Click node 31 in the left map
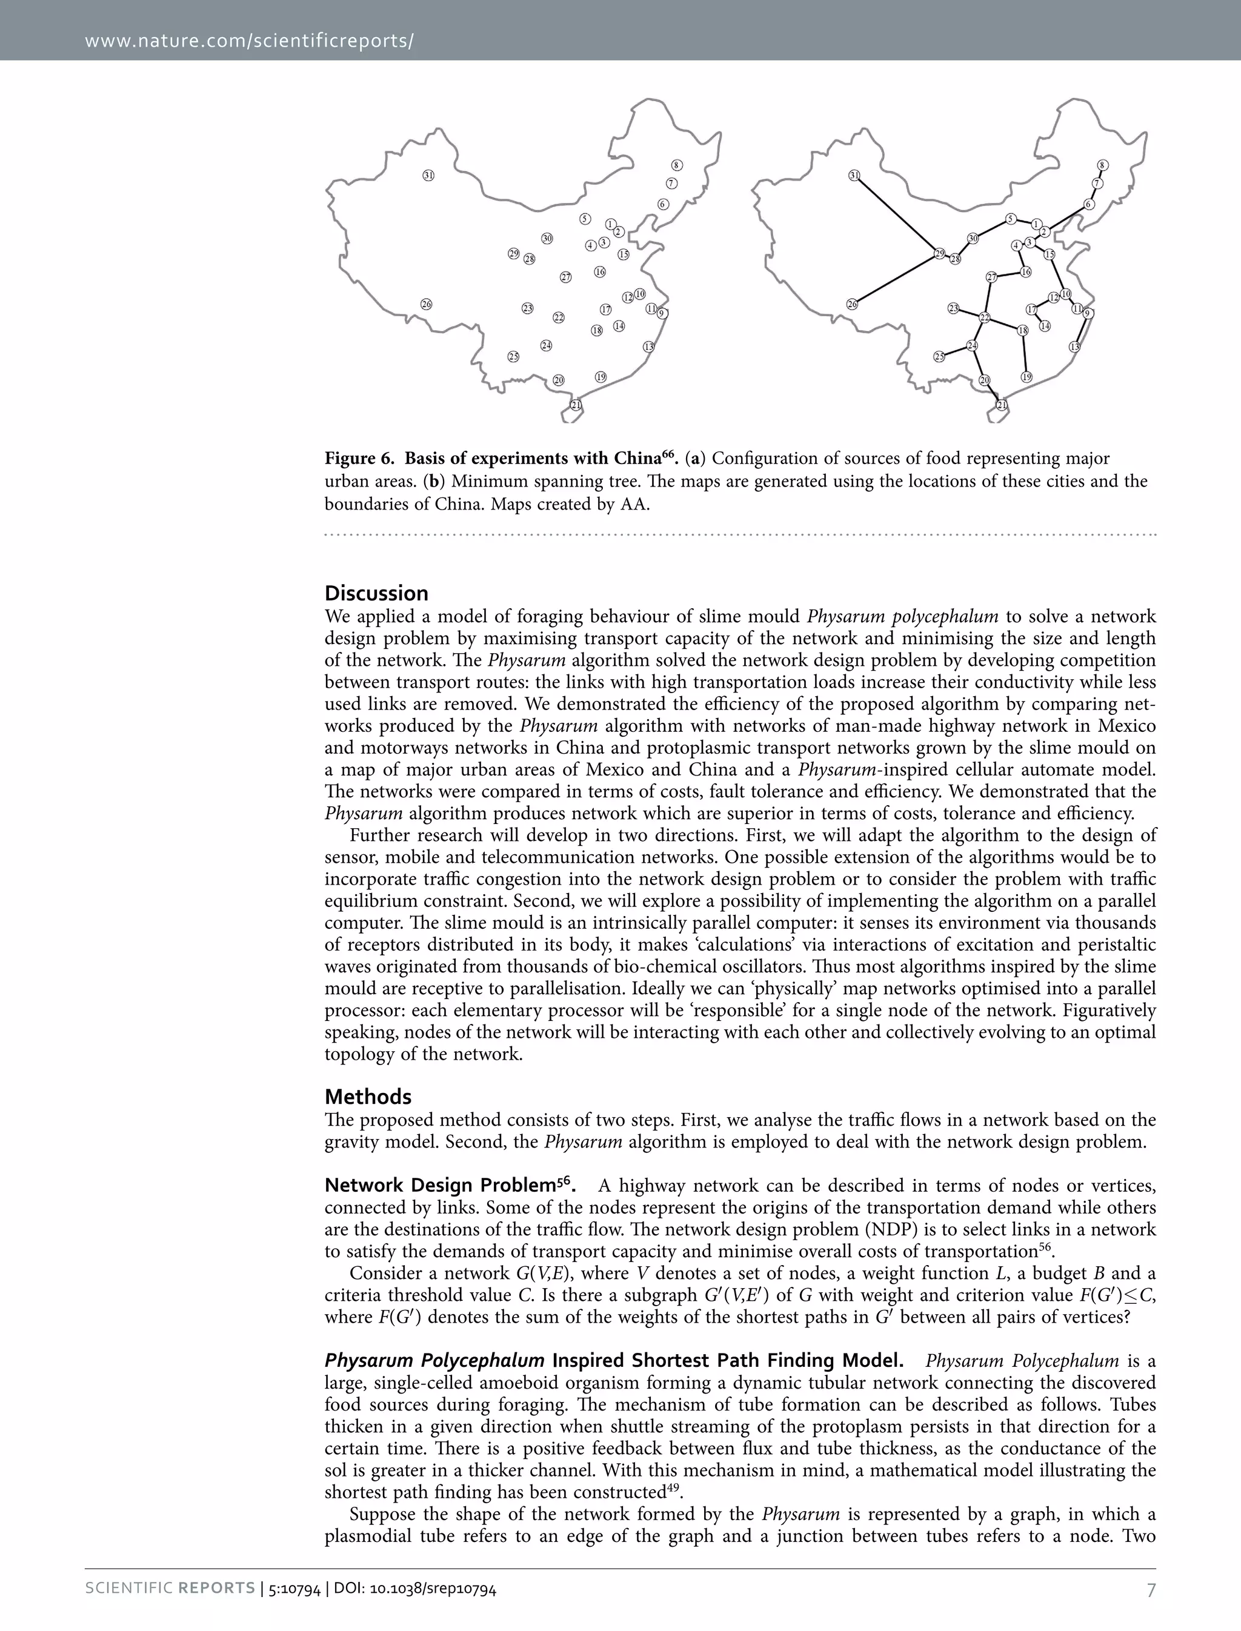pyautogui.click(x=428, y=175)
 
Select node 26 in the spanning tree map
pyautogui.click(x=853, y=304)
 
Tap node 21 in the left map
pyautogui.click(x=576, y=405)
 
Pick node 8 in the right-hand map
pyautogui.click(x=1103, y=165)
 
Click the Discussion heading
pyautogui.click(x=376, y=593)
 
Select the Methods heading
pyautogui.click(x=368, y=1096)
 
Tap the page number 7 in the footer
pyautogui.click(x=1150, y=1590)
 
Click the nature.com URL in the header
pyautogui.click(x=249, y=40)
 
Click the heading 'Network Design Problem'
pyautogui.click(x=439, y=1186)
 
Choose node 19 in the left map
pyautogui.click(x=601, y=377)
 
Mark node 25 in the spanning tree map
pyautogui.click(x=939, y=357)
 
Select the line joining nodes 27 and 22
pyautogui.click(x=988, y=297)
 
